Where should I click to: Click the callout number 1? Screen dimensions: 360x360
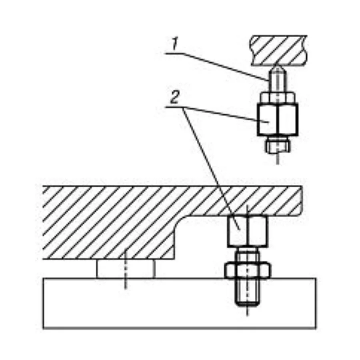pyautogui.click(x=175, y=44)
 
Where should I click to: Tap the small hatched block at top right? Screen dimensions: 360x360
pyautogui.click(x=279, y=50)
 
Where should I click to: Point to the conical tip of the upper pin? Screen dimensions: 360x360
pyautogui.click(x=278, y=68)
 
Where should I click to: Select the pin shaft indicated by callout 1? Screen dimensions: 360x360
pyautogui.click(x=277, y=82)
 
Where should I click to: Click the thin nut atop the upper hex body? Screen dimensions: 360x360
pyautogui.click(x=278, y=98)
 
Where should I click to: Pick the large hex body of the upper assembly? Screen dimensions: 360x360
pyautogui.click(x=278, y=119)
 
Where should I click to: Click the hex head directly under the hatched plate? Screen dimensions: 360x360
pyautogui.click(x=248, y=232)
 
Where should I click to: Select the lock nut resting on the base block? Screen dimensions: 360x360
pyautogui.click(x=248, y=270)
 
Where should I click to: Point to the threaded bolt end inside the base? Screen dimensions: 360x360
pyautogui.click(x=248, y=292)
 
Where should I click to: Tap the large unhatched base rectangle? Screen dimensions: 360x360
pyautogui.click(x=179, y=304)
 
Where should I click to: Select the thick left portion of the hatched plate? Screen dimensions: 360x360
pyautogui.click(x=108, y=223)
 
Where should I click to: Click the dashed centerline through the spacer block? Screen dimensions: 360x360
pyautogui.click(x=125, y=269)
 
